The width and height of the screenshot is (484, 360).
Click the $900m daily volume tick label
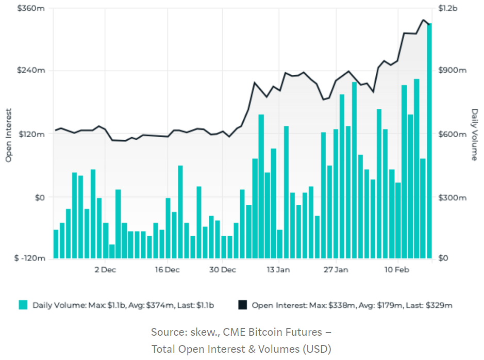(x=452, y=70)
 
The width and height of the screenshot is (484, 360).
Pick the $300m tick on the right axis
(x=452, y=198)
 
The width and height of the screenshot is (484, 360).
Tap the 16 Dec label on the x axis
(x=166, y=269)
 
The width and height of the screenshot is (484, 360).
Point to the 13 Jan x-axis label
(x=278, y=269)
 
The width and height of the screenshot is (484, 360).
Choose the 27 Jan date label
(x=335, y=269)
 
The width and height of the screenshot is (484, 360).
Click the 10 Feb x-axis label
(x=396, y=269)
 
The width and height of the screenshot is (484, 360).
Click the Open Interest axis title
(x=9, y=134)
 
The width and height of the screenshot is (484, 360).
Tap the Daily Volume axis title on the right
(x=475, y=134)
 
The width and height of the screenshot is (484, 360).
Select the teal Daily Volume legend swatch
(x=23, y=305)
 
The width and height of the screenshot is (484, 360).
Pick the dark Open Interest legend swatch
(x=242, y=305)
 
